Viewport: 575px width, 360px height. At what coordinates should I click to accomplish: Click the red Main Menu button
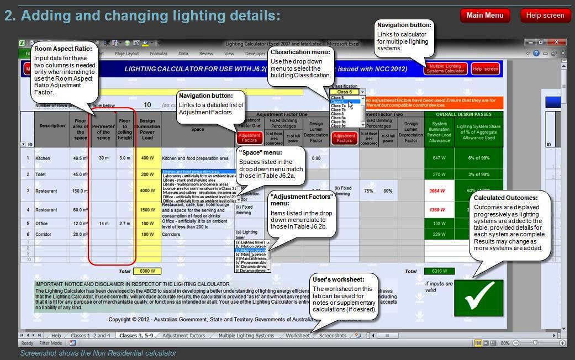(485, 15)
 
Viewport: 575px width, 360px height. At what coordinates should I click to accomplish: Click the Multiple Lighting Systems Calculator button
(445, 69)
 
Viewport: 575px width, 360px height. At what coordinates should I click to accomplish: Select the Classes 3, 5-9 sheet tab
(136, 336)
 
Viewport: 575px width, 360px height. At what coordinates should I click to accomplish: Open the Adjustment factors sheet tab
(183, 336)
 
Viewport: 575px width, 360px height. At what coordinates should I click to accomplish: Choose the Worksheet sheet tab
(298, 336)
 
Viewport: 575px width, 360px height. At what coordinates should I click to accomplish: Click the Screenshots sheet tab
(333, 336)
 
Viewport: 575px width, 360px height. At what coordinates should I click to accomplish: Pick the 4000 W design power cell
(147, 191)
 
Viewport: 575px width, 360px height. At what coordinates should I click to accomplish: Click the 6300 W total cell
(147, 271)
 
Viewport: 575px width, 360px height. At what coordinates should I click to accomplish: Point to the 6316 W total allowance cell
(439, 271)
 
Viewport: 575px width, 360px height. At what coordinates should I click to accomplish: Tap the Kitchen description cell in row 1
(52, 158)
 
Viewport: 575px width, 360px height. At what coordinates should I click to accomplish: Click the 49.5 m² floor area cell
(81, 158)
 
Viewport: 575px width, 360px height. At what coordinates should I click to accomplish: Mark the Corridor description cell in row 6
(52, 235)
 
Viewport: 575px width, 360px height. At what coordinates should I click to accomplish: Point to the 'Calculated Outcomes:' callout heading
(505, 198)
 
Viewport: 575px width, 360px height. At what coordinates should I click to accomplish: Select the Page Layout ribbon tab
(126, 54)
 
